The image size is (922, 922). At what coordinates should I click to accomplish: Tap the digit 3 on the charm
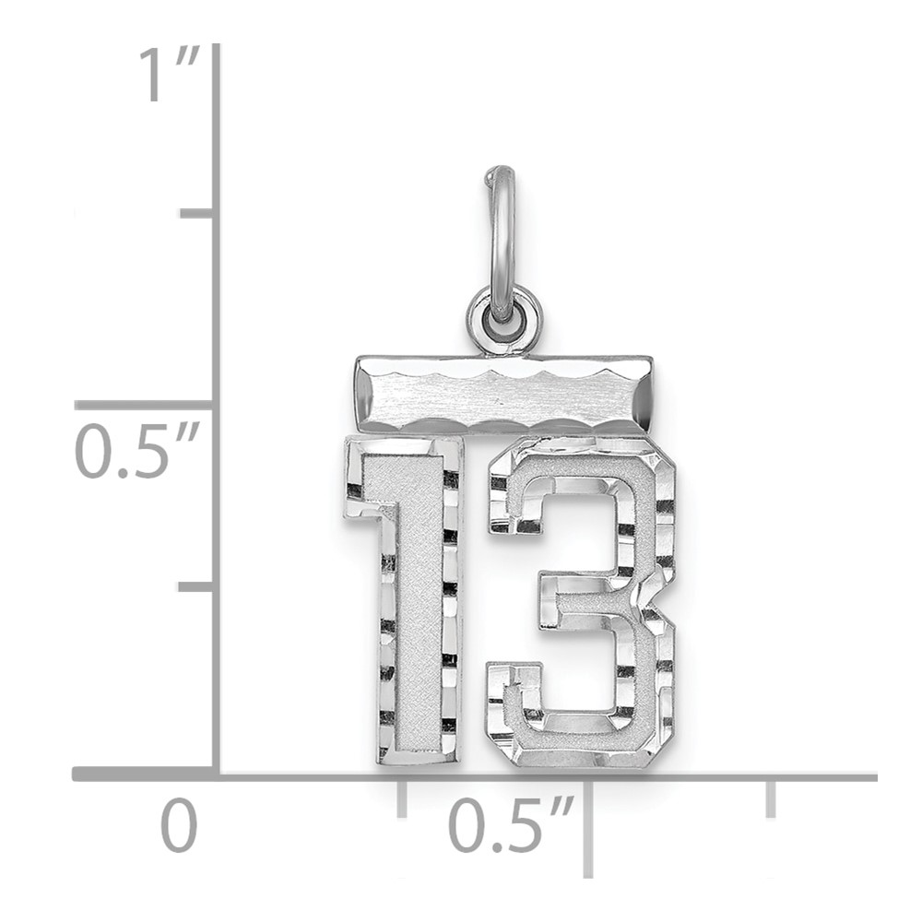pos(581,603)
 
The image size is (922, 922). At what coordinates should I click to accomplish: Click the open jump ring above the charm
pos(500,241)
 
